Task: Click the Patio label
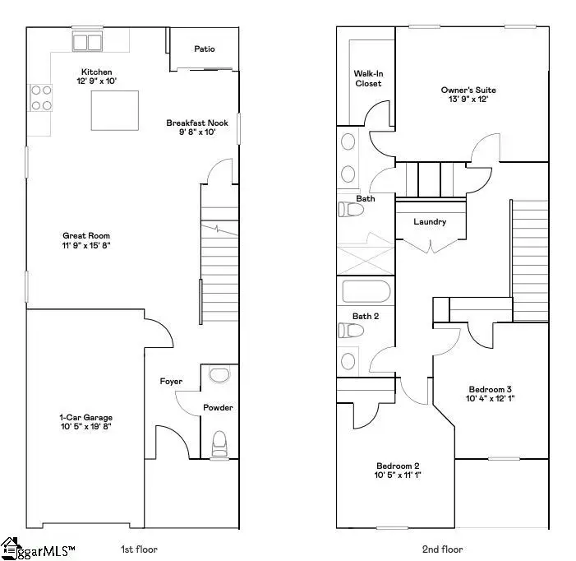[x=204, y=49]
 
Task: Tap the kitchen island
[x=114, y=110]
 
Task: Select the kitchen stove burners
[x=40, y=98]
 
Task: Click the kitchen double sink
[x=88, y=42]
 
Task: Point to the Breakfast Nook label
[x=196, y=123]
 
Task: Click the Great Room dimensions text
[x=86, y=245]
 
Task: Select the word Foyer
[x=171, y=382]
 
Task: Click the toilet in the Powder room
[x=219, y=443]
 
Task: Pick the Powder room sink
[x=219, y=376]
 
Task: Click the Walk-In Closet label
[x=368, y=78]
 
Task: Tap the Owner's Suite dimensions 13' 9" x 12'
[x=468, y=100]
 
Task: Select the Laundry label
[x=430, y=222]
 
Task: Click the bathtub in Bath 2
[x=366, y=293]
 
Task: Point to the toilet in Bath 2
[x=351, y=330]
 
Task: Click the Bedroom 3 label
[x=491, y=389]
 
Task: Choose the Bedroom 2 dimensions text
[x=398, y=475]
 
